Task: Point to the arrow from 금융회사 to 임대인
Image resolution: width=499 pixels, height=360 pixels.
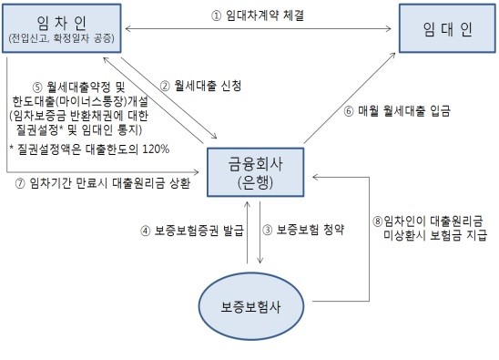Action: point(347,97)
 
